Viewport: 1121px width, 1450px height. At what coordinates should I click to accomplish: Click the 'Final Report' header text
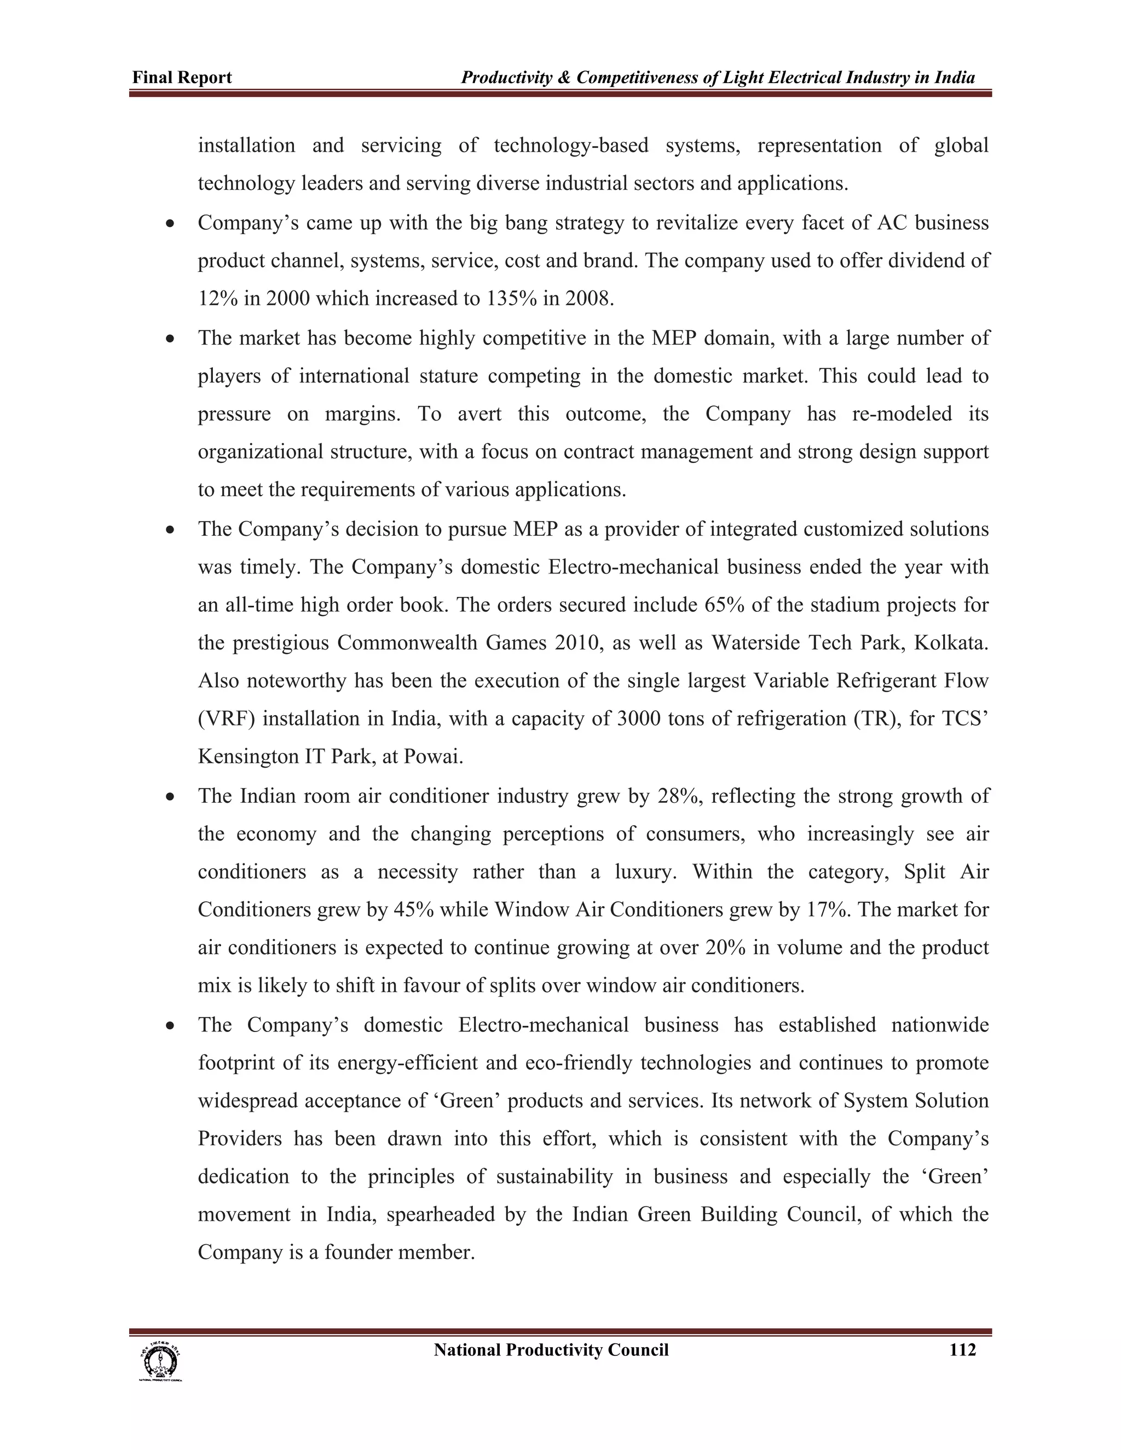point(182,78)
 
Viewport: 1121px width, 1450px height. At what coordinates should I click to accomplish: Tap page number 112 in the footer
point(962,1350)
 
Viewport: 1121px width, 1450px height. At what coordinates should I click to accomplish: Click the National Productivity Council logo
point(160,1361)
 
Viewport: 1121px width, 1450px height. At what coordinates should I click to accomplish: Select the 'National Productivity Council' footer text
point(551,1350)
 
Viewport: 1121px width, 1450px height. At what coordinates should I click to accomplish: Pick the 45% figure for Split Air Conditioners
point(414,909)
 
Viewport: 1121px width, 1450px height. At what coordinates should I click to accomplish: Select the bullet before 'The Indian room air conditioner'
point(171,797)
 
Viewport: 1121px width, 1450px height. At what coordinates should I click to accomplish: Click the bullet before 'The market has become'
point(171,339)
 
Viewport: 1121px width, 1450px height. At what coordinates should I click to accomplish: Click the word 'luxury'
point(644,871)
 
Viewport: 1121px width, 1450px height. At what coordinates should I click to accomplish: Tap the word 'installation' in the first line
point(246,146)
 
